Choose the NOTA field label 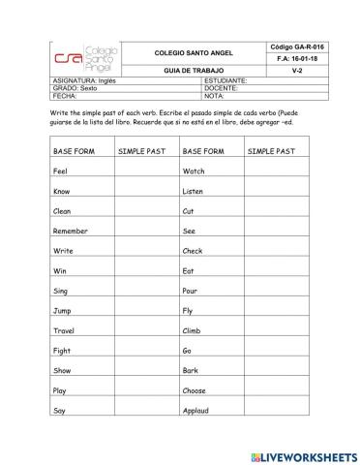click(x=215, y=96)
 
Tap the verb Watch click(x=194, y=170)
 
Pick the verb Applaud click(x=196, y=411)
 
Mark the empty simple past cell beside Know click(x=145, y=191)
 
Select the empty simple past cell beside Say click(x=145, y=411)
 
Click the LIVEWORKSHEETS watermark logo click(x=301, y=454)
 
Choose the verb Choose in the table click(x=195, y=390)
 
